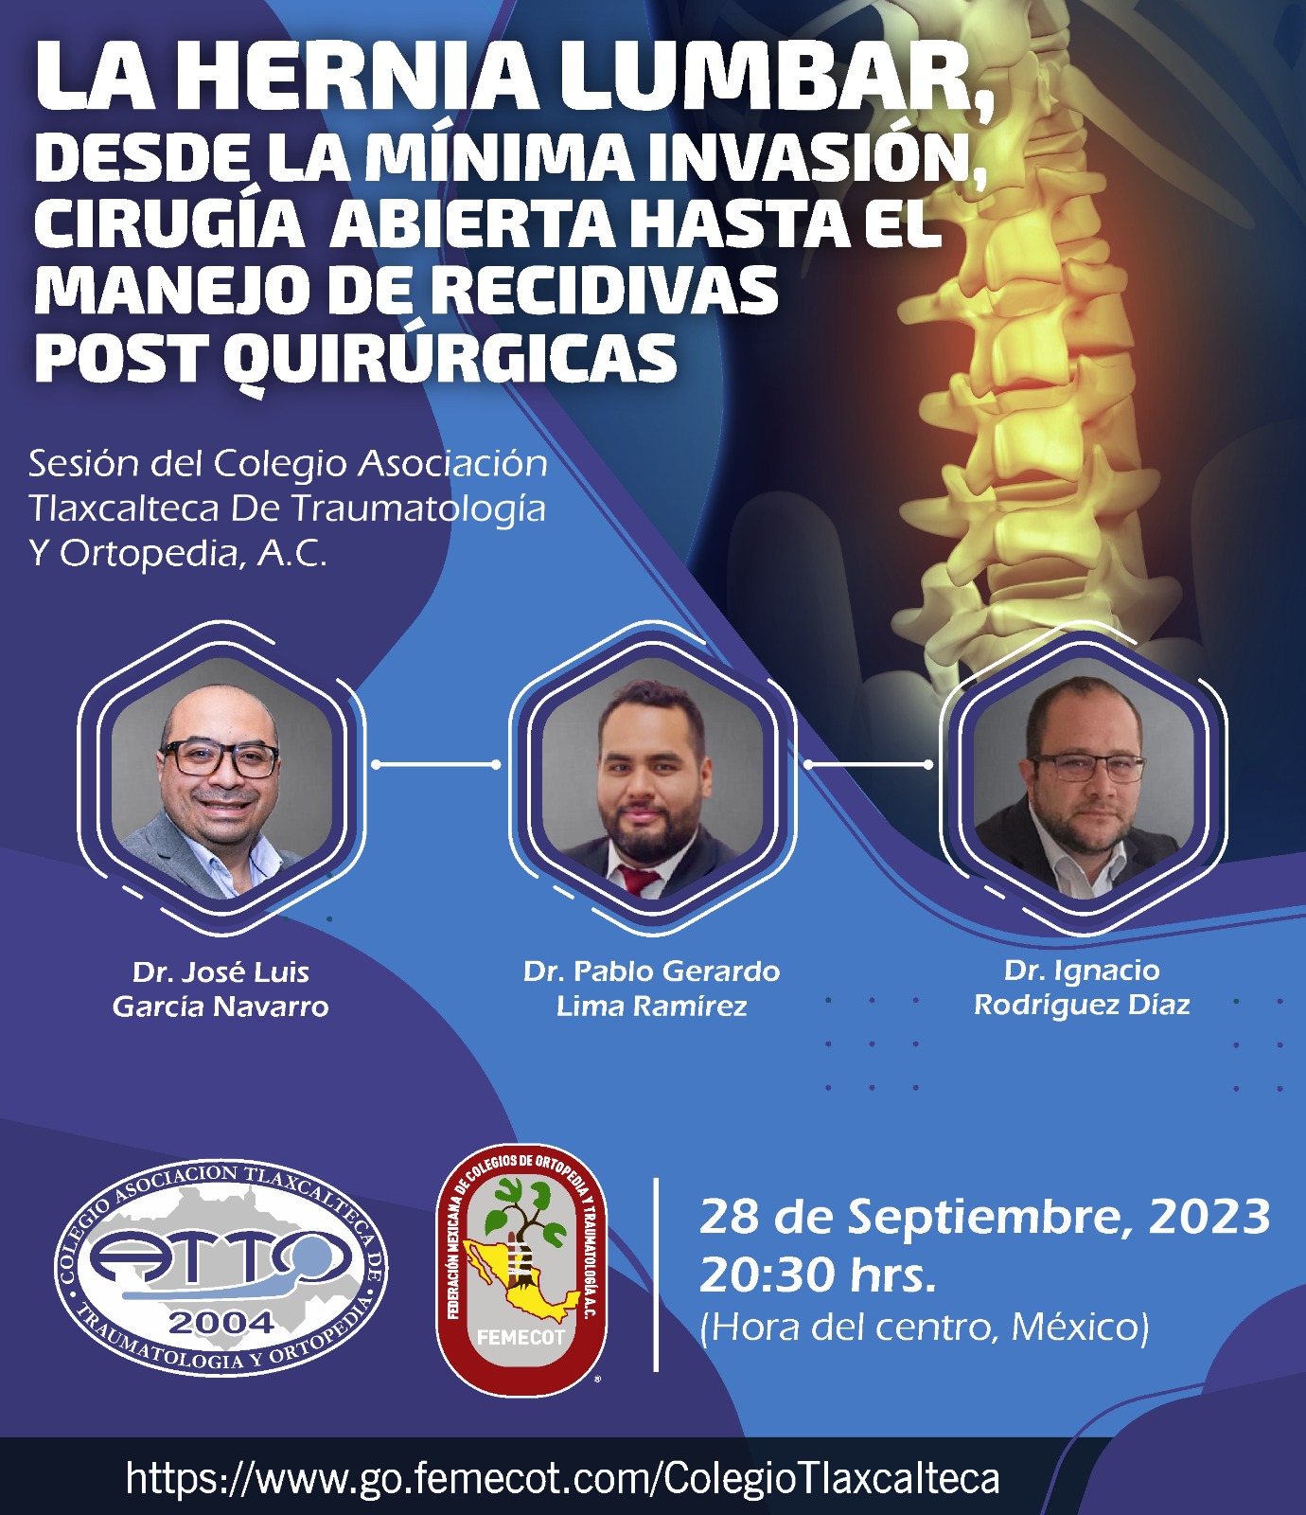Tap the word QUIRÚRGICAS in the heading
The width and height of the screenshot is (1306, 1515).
click(450, 359)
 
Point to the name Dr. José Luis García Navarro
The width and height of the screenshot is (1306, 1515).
click(221, 989)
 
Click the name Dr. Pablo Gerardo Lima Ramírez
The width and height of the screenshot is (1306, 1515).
click(651, 988)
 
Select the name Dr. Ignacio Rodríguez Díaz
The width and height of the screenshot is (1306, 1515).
click(1082, 987)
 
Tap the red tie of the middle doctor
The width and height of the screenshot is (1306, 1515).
click(641, 881)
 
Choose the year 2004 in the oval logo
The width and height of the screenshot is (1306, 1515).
click(221, 1322)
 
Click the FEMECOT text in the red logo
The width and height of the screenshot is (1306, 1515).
click(521, 1338)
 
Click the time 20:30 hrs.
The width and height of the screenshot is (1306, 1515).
click(818, 1274)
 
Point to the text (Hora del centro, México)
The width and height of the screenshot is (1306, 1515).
click(925, 1328)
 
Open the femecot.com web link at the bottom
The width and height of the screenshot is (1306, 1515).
click(562, 1477)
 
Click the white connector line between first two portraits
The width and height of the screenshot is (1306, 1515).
click(436, 764)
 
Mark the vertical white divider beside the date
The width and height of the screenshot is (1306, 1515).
click(656, 1274)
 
